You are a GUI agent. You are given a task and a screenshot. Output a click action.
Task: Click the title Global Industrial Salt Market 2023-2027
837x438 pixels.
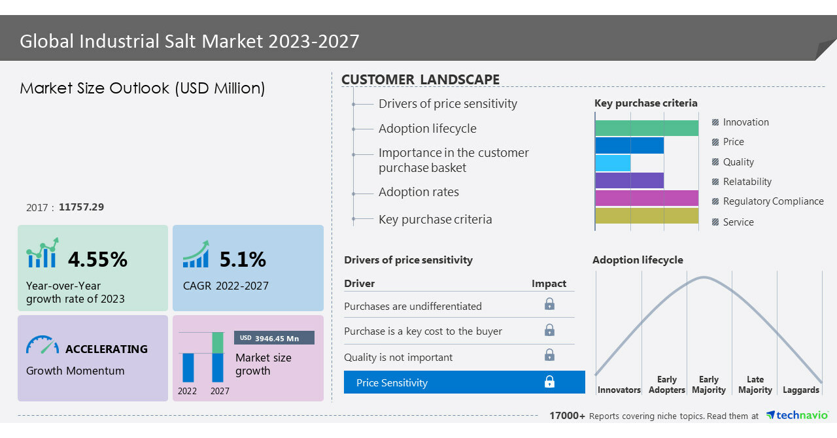point(190,41)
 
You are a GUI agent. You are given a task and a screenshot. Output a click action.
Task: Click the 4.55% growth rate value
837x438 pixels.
point(97,260)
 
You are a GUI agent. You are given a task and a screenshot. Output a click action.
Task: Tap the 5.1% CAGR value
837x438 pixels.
point(243,260)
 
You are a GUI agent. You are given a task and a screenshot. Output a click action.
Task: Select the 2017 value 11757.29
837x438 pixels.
point(81,207)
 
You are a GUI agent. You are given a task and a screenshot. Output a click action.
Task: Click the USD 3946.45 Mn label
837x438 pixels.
point(274,338)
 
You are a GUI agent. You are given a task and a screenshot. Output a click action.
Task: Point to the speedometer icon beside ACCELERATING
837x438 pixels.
point(43,346)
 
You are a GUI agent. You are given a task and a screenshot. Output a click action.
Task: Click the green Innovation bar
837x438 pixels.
point(646,128)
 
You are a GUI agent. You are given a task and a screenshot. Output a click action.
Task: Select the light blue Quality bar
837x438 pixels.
point(613,163)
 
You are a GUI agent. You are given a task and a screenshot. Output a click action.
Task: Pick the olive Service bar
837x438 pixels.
point(646,216)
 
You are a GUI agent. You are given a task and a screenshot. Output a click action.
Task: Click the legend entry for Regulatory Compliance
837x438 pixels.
point(772,201)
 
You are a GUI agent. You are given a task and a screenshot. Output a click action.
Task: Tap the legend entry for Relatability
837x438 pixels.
point(747,182)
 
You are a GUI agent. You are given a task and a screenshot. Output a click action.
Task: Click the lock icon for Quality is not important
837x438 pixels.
point(549,355)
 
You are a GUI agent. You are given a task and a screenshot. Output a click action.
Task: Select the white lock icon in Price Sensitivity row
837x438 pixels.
point(549,382)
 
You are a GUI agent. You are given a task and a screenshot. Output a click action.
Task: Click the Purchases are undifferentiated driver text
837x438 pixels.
point(413,306)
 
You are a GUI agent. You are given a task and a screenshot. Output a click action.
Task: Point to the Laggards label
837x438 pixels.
point(800,390)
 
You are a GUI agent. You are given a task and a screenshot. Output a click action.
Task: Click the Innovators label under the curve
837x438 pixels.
point(619,390)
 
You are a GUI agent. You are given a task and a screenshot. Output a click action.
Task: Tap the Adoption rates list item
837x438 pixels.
point(418,192)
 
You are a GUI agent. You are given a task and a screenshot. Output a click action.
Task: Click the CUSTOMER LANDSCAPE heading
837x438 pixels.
point(420,80)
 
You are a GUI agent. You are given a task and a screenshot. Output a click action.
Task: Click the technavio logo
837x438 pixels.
point(796,415)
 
